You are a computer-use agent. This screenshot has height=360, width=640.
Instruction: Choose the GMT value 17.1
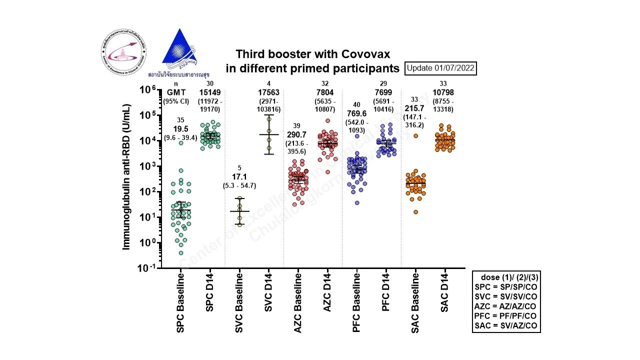tap(239, 176)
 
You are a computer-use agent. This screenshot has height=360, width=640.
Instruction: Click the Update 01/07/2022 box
tap(440, 67)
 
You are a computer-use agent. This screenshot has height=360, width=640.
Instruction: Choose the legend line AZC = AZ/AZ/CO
tap(506, 305)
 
